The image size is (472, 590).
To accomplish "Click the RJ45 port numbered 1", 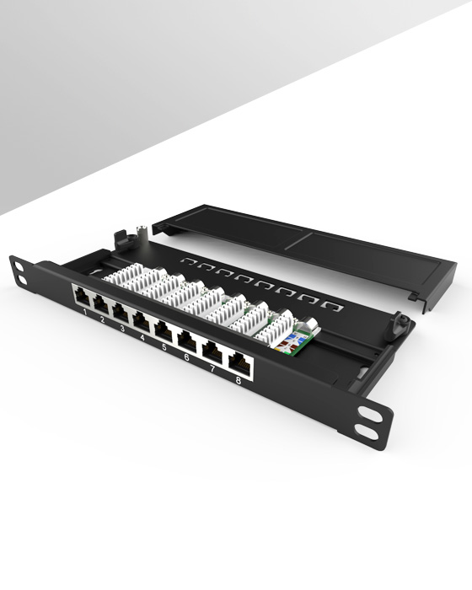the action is (x=82, y=297).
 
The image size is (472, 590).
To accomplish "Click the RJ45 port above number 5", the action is (x=164, y=330).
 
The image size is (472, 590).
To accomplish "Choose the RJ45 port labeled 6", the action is (x=187, y=340).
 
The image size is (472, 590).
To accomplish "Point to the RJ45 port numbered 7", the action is (x=212, y=351).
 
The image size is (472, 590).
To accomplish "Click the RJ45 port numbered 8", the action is (x=239, y=362).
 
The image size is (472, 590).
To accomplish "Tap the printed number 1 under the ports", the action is (x=85, y=313).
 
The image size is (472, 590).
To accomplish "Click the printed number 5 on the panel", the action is (x=164, y=346).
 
